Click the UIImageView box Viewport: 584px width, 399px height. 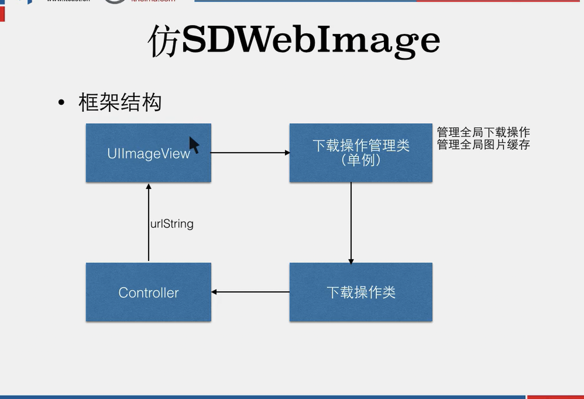tap(148, 164)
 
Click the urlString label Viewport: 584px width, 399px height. tap(172, 224)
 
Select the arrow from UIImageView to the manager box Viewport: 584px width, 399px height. tap(249, 152)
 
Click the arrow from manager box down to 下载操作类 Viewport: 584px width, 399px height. tap(351, 222)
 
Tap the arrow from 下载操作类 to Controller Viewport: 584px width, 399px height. tap(252, 292)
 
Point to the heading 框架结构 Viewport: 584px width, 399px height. tap(120, 102)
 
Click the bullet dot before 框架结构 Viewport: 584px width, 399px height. tap(61, 102)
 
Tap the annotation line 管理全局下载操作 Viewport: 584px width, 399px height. tap(483, 132)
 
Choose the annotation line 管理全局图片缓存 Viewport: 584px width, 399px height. tap(483, 145)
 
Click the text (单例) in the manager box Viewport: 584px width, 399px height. tap(361, 160)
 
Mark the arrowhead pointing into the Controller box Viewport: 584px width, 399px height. tap(214, 292)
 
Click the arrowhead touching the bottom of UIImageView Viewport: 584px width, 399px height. tap(149, 186)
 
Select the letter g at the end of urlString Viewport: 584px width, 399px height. tap(190, 225)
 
